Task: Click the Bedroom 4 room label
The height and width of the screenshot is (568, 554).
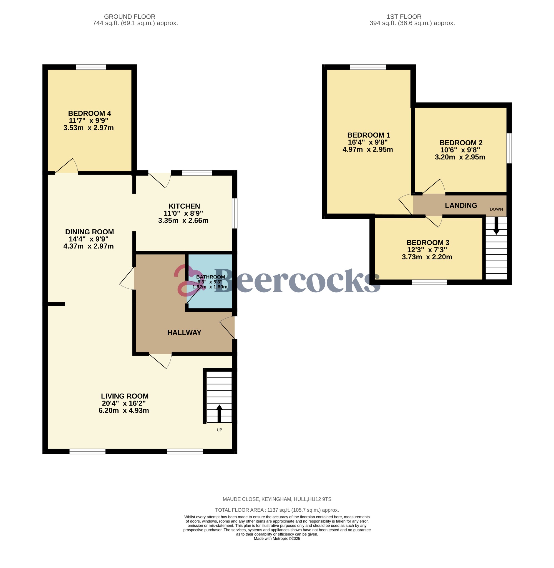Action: [89, 113]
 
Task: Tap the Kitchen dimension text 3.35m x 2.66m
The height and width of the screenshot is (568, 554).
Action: [183, 221]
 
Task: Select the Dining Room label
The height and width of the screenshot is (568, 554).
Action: [89, 232]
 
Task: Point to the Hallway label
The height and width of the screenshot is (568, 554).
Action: [184, 333]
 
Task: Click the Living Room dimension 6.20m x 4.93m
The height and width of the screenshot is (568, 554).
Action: [124, 410]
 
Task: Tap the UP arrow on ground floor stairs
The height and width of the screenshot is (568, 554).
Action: [219, 414]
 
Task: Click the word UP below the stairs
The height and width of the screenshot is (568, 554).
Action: [219, 430]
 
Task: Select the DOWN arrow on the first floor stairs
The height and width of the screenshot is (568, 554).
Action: [496, 225]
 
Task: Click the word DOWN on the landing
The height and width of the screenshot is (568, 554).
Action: [496, 209]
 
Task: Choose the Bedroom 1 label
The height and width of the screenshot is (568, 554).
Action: [368, 135]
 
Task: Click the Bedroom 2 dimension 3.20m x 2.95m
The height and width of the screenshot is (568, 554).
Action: [460, 157]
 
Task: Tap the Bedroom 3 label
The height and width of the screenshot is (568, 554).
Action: [428, 242]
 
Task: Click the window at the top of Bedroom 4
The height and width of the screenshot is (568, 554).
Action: [91, 67]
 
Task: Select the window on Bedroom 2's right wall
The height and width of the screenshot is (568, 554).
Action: [509, 148]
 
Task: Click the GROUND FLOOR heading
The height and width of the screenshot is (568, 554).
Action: [130, 17]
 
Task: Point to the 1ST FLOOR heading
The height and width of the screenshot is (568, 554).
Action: [404, 17]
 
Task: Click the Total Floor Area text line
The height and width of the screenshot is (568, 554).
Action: [277, 510]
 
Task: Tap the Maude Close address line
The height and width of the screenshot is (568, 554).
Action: [277, 499]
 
